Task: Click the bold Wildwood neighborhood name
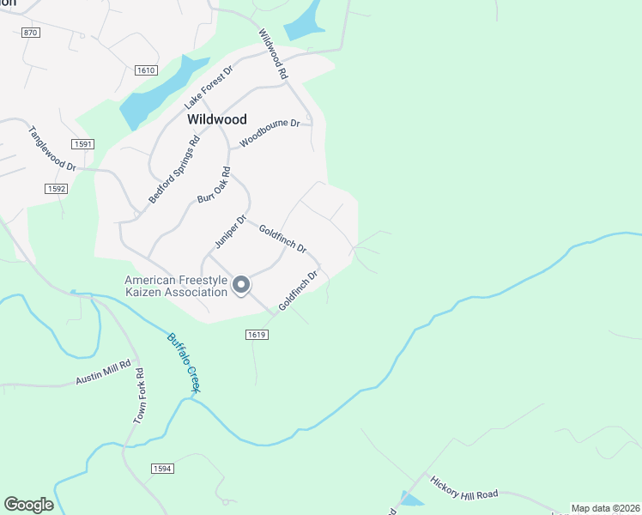tap(217, 119)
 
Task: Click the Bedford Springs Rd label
tap(173, 168)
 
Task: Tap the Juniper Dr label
tap(231, 233)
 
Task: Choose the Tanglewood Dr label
tap(52, 149)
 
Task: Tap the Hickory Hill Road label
tap(464, 488)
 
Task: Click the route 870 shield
tap(31, 33)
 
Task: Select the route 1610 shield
tap(146, 70)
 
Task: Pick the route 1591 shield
tap(83, 144)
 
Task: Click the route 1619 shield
tap(257, 334)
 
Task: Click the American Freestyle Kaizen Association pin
tap(242, 285)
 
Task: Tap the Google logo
tap(28, 505)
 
